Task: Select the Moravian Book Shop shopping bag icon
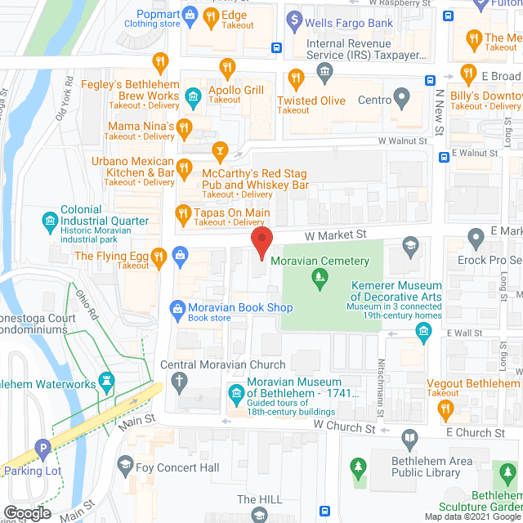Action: [177, 308]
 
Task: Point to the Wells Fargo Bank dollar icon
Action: [295, 18]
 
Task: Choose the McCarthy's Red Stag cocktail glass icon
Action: [219, 150]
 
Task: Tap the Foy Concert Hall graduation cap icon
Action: [125, 467]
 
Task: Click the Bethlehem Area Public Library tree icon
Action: [358, 467]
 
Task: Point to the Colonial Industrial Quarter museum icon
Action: [50, 220]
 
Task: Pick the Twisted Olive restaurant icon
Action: [296, 79]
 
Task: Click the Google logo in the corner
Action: [26, 512]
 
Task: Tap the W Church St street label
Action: [342, 427]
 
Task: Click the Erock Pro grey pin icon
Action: [477, 239]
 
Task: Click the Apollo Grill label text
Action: [237, 90]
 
